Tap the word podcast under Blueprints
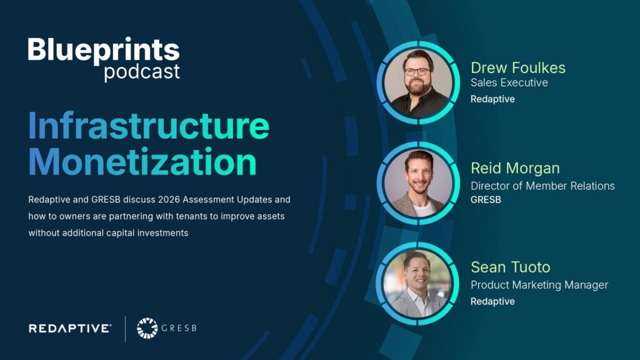(x=142, y=72)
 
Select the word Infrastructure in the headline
(x=149, y=126)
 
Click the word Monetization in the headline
(x=142, y=161)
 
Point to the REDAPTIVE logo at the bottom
(x=70, y=328)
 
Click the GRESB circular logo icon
(x=147, y=328)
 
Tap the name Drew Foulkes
(x=518, y=67)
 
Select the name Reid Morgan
(x=515, y=168)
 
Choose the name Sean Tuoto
(x=511, y=267)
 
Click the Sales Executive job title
(x=509, y=82)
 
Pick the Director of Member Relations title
(x=542, y=186)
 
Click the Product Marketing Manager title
(x=539, y=285)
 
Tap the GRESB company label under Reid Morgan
(x=486, y=200)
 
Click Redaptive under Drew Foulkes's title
(x=492, y=99)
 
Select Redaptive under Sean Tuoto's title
(x=492, y=301)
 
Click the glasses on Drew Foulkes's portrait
(x=417, y=71)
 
